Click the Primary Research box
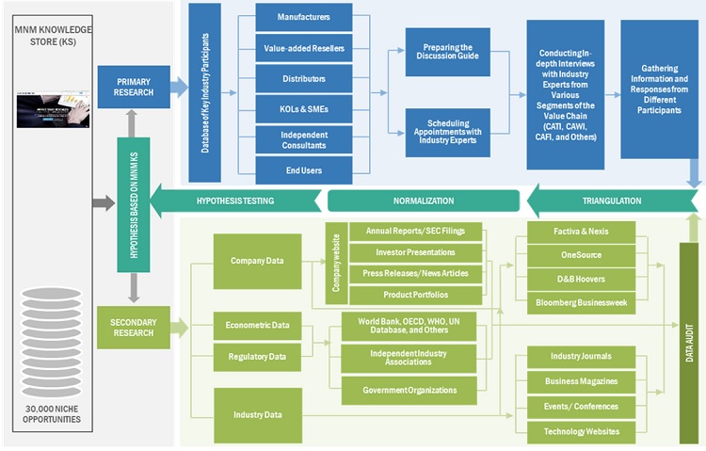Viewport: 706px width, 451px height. (x=133, y=88)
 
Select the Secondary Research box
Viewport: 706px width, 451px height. (x=133, y=327)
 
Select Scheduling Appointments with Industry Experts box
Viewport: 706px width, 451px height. (x=447, y=133)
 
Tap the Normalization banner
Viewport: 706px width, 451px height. (x=424, y=201)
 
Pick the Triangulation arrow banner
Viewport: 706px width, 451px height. (x=612, y=201)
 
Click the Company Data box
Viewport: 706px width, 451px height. (x=257, y=261)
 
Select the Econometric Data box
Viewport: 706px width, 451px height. (x=257, y=325)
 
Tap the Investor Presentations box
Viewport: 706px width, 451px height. (x=415, y=252)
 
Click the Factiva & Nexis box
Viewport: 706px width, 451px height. (x=581, y=231)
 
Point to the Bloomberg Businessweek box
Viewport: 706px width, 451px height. (x=581, y=303)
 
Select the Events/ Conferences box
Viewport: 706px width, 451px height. (x=581, y=406)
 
